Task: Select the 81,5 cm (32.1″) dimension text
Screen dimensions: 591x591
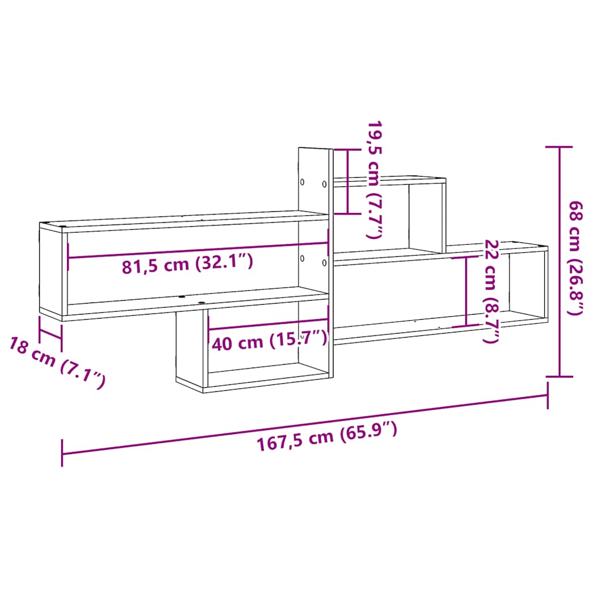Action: [x=188, y=265]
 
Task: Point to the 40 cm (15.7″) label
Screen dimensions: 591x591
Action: [x=269, y=342]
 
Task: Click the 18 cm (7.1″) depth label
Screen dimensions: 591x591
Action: [x=57, y=362]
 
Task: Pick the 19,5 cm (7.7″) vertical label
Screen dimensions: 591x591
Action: [x=375, y=180]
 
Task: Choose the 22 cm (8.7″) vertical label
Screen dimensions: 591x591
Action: [x=490, y=291]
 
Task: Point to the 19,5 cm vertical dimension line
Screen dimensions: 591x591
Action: [x=347, y=181]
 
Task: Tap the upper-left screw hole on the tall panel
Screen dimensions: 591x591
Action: [x=302, y=181]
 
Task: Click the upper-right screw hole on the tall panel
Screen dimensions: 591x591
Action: [x=324, y=184]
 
